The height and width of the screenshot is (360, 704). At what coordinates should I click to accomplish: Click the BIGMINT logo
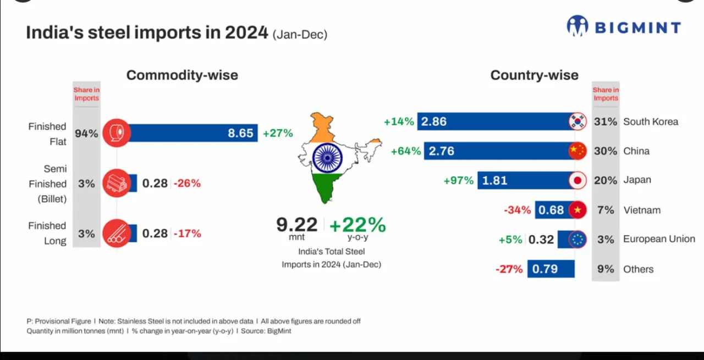pyautogui.click(x=623, y=26)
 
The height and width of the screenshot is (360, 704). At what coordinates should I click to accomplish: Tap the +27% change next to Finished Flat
pyautogui.click(x=278, y=133)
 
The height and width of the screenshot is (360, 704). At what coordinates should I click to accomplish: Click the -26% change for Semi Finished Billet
pyautogui.click(x=188, y=183)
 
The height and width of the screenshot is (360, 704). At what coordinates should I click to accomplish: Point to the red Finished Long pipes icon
pyautogui.click(x=116, y=233)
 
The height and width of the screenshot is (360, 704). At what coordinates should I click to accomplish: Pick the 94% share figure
pyautogui.click(x=86, y=133)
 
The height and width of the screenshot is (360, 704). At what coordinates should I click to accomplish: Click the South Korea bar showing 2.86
pyautogui.click(x=495, y=121)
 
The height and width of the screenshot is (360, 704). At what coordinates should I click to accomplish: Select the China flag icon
pyautogui.click(x=577, y=151)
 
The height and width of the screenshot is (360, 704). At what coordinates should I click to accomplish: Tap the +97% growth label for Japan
pyautogui.click(x=459, y=180)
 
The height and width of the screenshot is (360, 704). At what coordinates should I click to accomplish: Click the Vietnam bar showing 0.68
pyautogui.click(x=553, y=210)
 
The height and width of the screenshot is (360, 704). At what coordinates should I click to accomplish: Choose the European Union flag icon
pyautogui.click(x=577, y=240)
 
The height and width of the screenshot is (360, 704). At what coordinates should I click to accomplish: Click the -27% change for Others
pyautogui.click(x=509, y=269)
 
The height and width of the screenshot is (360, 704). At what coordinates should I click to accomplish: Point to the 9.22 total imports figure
pyautogui.click(x=297, y=224)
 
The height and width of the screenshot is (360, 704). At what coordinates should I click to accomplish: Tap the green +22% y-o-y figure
pyautogui.click(x=358, y=225)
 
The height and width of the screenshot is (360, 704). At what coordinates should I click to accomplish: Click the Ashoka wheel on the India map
pyautogui.click(x=328, y=157)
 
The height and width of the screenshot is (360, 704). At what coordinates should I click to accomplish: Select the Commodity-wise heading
pyautogui.click(x=182, y=75)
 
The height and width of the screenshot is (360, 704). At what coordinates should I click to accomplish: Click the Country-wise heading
pyautogui.click(x=534, y=75)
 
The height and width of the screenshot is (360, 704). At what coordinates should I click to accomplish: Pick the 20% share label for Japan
pyautogui.click(x=606, y=180)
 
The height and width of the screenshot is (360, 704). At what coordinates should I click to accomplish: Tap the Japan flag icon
pyautogui.click(x=577, y=180)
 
